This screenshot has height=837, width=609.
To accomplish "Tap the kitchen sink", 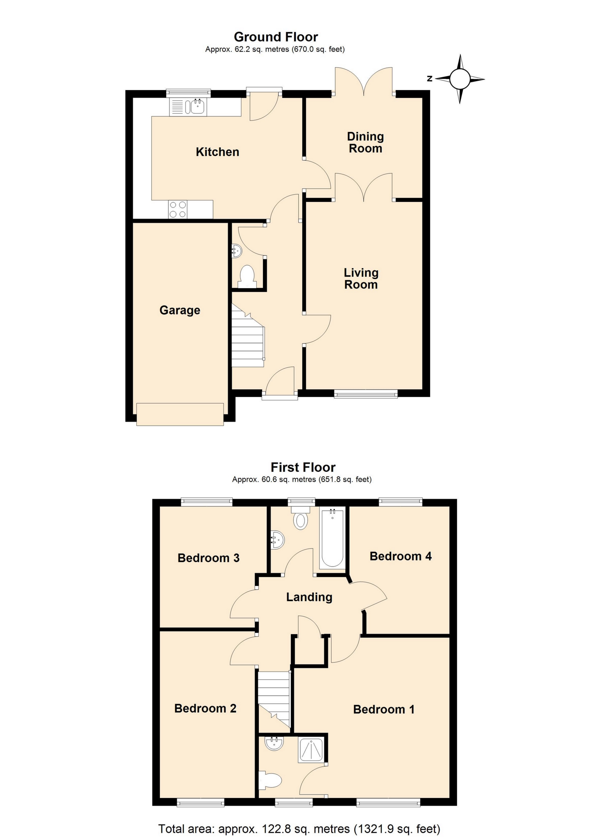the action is [x=188, y=107].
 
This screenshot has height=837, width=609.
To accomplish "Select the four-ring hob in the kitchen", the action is [x=178, y=209].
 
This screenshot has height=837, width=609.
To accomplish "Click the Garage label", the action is [x=180, y=310].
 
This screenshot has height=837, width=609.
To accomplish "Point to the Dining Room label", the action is [x=365, y=142].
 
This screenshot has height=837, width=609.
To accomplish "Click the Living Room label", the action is [x=361, y=279].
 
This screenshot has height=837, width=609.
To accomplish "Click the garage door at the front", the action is [x=180, y=414].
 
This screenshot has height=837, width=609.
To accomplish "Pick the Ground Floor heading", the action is [x=276, y=37].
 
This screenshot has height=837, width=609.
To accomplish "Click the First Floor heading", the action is [x=303, y=467].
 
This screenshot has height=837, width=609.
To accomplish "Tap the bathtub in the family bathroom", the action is [x=332, y=538].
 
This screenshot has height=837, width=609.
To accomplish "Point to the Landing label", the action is [x=309, y=597].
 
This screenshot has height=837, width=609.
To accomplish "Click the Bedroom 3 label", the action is [x=208, y=558].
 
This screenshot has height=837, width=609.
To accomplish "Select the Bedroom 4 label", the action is [x=400, y=556].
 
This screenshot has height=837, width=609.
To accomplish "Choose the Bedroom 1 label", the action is [x=384, y=709].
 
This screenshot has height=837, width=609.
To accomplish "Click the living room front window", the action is [x=366, y=394].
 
